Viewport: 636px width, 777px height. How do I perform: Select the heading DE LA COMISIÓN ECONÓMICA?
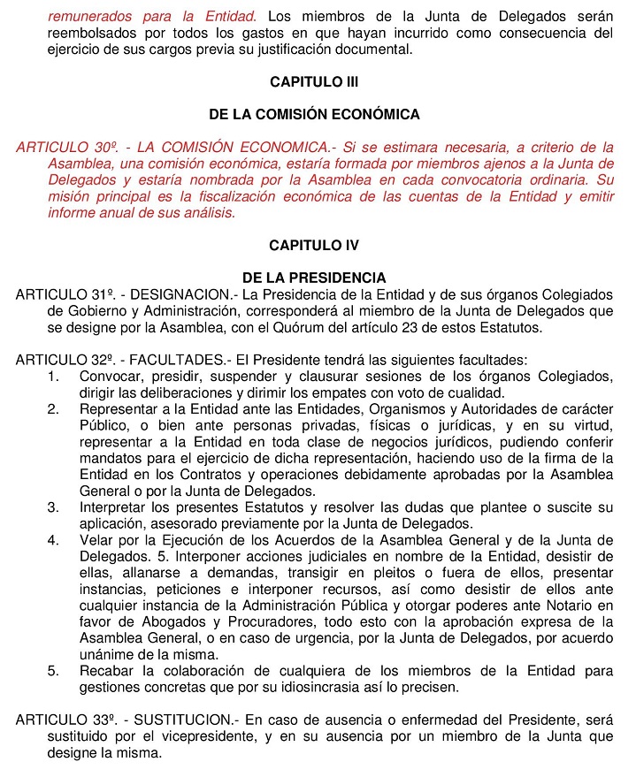tap(314, 115)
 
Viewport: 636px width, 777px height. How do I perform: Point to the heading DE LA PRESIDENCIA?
tap(314, 278)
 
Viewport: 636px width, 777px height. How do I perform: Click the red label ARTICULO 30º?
tap(57, 148)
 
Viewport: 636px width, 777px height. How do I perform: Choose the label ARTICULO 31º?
tap(57, 293)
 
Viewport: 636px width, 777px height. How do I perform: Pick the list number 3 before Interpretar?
tap(53, 507)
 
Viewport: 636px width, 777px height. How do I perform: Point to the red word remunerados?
tap(91, 15)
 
